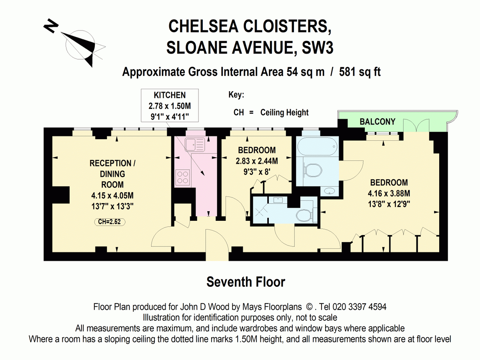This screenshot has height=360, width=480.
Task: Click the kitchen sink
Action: (x=196, y=143)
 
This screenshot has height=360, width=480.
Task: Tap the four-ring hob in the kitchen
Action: (x=183, y=177)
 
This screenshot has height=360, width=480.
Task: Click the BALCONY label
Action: (x=377, y=122)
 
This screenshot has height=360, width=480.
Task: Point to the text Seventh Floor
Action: (x=246, y=282)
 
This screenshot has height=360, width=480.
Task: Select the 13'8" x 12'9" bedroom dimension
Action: (x=389, y=204)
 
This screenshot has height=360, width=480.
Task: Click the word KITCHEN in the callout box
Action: (x=170, y=95)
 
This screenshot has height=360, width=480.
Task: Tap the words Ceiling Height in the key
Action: (x=284, y=112)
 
